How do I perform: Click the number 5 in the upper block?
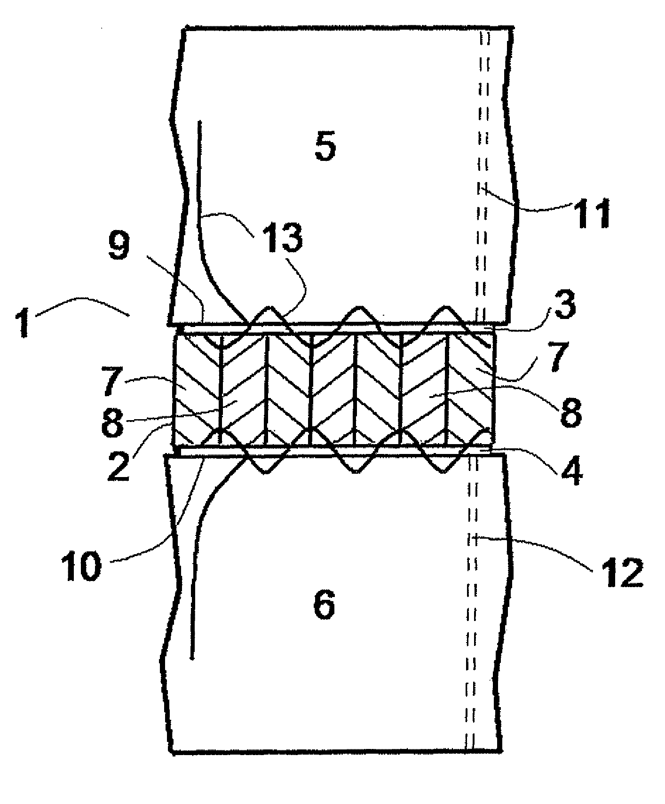point(325,148)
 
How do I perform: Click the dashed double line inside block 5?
point(483,141)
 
